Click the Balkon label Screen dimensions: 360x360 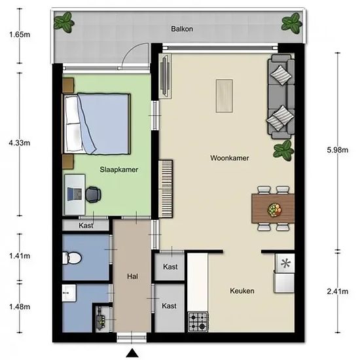[182, 29]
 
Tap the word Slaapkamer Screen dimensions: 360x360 [119, 170]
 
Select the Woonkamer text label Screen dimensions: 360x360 [230, 158]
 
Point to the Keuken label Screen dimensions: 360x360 [242, 291]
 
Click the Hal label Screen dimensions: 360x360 [132, 276]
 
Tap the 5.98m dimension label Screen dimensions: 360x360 [338, 150]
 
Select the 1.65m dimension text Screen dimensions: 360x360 [20, 35]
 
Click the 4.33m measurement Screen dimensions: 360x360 [19, 143]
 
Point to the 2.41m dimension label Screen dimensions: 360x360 [338, 291]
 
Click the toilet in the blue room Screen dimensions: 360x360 [71, 258]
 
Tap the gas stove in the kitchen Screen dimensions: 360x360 [198, 321]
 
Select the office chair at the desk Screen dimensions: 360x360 [93, 194]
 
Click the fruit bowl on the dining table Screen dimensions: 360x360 [275, 209]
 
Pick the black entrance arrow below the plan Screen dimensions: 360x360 [132, 353]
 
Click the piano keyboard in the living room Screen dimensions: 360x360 [166, 189]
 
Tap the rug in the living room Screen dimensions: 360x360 [225, 96]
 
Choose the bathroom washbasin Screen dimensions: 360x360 [69, 293]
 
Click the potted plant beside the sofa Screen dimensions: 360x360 [283, 151]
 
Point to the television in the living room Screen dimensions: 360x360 [166, 76]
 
